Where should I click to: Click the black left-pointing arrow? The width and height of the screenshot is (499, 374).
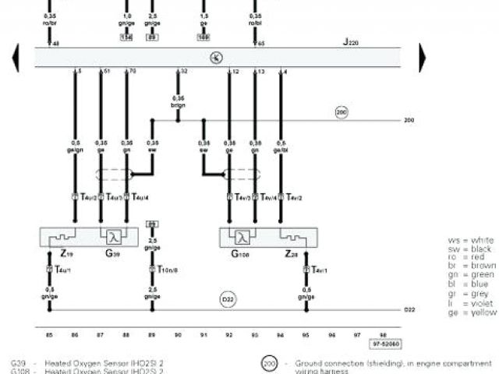pyautogui.click(x=15, y=57)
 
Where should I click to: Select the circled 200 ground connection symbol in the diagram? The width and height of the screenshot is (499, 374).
pyautogui.click(x=341, y=113)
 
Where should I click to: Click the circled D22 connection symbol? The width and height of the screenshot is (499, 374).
pyautogui.click(x=228, y=298)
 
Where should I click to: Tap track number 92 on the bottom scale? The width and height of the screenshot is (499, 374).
pyautogui.click(x=229, y=334)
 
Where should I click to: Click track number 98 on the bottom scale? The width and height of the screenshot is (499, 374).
pyautogui.click(x=382, y=334)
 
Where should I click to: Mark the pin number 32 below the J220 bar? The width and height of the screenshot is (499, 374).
pyautogui.click(x=183, y=72)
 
